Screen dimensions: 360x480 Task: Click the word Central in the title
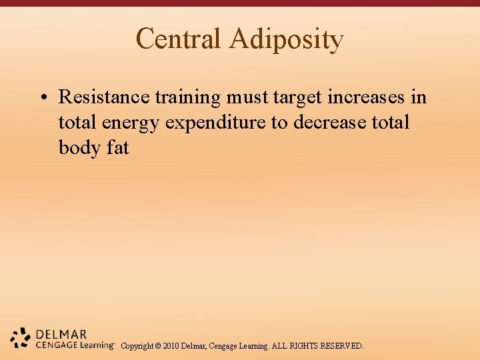point(178,39)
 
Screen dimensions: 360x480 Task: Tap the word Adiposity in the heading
point(286,40)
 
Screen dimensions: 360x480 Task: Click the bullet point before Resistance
point(42,98)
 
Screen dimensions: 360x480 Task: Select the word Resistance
point(104,97)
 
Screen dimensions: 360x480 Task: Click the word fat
point(117,147)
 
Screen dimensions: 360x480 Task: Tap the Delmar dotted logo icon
point(21,338)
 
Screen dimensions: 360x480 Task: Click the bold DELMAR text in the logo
point(61,334)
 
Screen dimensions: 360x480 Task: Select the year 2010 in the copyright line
point(171,346)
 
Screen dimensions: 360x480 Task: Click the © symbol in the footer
point(157,346)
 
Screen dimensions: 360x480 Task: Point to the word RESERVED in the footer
point(341,346)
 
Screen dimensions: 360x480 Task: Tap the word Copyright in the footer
point(137,346)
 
